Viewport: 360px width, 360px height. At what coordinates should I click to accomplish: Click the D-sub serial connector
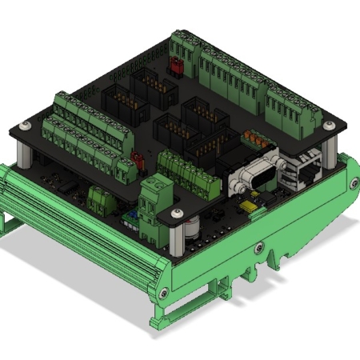[x=255, y=174]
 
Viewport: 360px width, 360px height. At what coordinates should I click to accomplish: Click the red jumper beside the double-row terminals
[x=136, y=157]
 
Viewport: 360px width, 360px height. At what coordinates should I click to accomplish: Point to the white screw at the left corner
[x=26, y=126]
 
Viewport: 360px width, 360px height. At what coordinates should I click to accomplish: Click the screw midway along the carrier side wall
[x=258, y=247]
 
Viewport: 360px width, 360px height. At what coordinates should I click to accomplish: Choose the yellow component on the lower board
[x=250, y=210]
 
